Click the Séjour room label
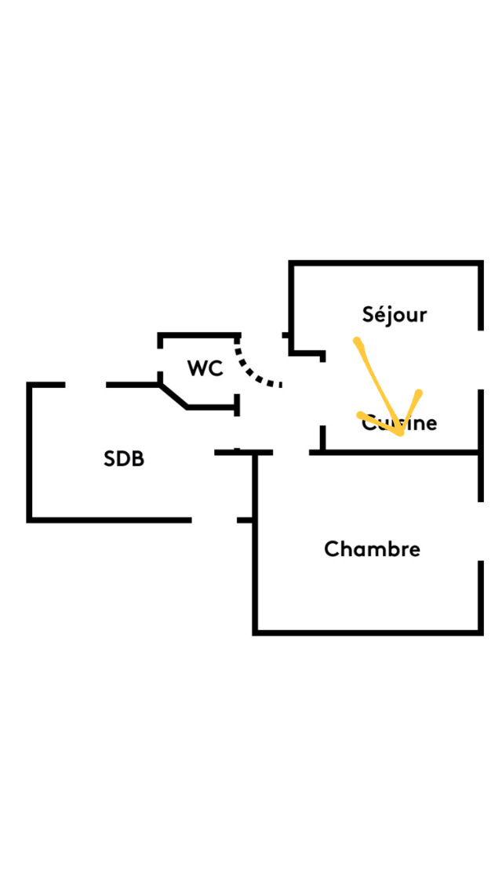point(395,315)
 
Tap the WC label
point(205,368)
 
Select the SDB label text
point(124,459)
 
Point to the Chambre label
point(372,549)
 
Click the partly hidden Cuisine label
point(400,424)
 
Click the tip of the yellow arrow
point(402,432)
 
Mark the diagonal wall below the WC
point(173,396)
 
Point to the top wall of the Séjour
point(384,263)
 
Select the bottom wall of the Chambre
point(367,631)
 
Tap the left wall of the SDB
point(29,452)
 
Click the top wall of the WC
point(198,335)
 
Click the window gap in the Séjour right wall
point(480,359)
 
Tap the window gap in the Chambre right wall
point(480,530)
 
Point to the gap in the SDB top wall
point(85,385)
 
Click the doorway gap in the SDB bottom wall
point(214,519)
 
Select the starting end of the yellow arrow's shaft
point(357,342)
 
